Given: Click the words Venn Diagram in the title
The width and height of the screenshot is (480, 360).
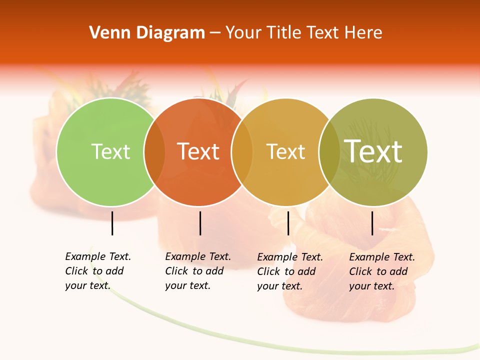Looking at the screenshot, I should pyautogui.click(x=147, y=33).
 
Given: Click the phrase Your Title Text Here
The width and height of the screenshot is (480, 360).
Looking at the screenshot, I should pyautogui.click(x=303, y=33).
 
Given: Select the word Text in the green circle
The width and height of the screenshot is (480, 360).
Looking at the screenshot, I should pyautogui.click(x=110, y=152).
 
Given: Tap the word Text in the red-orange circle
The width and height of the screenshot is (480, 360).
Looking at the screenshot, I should pyautogui.click(x=198, y=152).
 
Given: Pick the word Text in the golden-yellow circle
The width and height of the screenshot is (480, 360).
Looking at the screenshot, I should pyautogui.click(x=285, y=152).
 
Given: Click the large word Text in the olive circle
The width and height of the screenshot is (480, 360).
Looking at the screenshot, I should pyautogui.click(x=373, y=151).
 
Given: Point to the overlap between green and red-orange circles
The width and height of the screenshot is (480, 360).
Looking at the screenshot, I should pyautogui.click(x=154, y=152).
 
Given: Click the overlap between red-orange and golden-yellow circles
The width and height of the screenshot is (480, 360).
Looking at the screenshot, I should pyautogui.click(x=242, y=152).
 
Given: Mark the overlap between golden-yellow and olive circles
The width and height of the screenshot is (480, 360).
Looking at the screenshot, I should pyautogui.click(x=329, y=152).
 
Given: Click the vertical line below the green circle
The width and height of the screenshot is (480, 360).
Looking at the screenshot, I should pyautogui.click(x=112, y=223).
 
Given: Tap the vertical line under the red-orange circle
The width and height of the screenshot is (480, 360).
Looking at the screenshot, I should pyautogui.click(x=200, y=223).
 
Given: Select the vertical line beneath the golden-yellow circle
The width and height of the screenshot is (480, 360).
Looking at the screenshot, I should pyautogui.click(x=288, y=223).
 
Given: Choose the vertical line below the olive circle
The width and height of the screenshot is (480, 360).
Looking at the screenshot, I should pyautogui.click(x=372, y=223).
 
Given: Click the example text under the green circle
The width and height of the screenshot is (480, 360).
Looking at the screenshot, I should pyautogui.click(x=97, y=271).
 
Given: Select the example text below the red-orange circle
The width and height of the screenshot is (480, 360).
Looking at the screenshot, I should pyautogui.click(x=197, y=271).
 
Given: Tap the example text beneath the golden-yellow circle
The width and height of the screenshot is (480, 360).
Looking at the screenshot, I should pyautogui.click(x=289, y=271).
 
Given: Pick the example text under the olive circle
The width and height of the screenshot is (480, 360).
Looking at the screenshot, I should pyautogui.click(x=381, y=271).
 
